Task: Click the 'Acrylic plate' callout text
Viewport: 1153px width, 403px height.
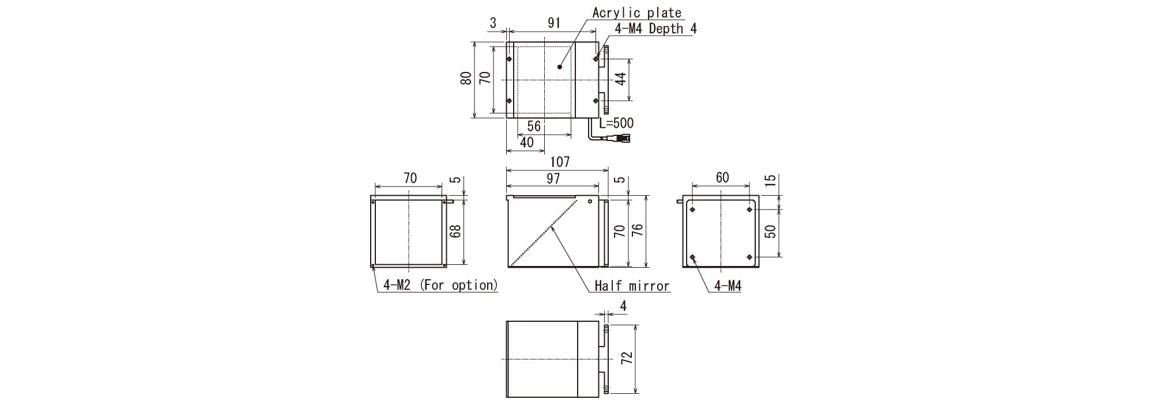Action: [x=637, y=13]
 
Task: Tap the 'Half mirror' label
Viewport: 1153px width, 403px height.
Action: [x=632, y=286]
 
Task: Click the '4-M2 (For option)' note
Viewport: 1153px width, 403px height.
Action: [x=440, y=285]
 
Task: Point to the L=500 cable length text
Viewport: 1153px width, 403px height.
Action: [x=616, y=123]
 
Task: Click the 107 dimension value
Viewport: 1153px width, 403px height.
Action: [x=560, y=162]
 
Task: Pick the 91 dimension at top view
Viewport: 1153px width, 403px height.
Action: [x=553, y=23]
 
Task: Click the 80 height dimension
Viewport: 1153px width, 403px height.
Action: [x=466, y=78]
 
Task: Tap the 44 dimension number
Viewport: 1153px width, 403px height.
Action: [x=620, y=79]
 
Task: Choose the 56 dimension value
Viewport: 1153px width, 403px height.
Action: [x=534, y=126]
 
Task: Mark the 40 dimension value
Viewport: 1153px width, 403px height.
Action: [x=526, y=143]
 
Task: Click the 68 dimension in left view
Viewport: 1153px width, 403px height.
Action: [x=455, y=231]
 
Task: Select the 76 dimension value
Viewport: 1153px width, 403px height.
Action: [x=637, y=231]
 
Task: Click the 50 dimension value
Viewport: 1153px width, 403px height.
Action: [x=770, y=231]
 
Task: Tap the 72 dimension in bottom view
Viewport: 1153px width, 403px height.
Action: [x=627, y=358]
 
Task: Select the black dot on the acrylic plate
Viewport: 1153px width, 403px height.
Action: [x=559, y=67]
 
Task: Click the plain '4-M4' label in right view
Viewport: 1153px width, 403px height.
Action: [x=728, y=286]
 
